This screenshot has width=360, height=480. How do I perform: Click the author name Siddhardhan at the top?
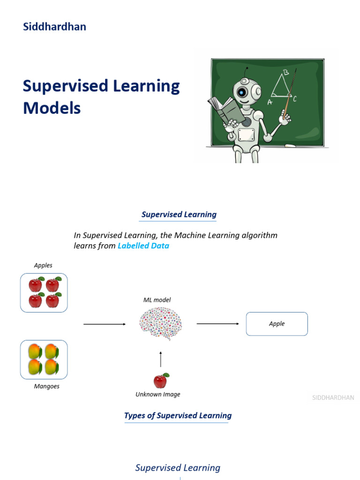pyautogui.click(x=54, y=27)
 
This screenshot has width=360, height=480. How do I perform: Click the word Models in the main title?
pyautogui.click(x=52, y=108)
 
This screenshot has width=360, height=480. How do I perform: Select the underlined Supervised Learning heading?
pyautogui.click(x=179, y=215)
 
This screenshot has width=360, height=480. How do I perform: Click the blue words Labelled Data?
pyautogui.click(x=143, y=246)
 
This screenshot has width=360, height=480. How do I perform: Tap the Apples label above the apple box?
pyautogui.click(x=43, y=265)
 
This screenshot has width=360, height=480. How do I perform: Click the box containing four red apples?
pyautogui.click(x=44, y=293)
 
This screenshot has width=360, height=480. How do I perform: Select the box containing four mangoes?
pyautogui.click(x=44, y=360)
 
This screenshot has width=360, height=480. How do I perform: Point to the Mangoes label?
pyautogui.click(x=46, y=387)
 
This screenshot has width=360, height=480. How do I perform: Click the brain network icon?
pyautogui.click(x=161, y=323)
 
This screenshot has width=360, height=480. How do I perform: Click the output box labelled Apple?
pyautogui.click(x=277, y=324)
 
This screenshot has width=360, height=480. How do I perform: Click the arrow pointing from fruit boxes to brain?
pyautogui.click(x=105, y=324)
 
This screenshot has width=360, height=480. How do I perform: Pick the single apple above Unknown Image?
pyautogui.click(x=161, y=381)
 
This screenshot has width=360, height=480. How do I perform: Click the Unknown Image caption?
pyautogui.click(x=158, y=395)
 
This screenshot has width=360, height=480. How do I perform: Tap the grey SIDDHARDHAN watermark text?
pyautogui.click(x=333, y=398)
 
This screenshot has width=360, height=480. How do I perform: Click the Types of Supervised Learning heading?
pyautogui.click(x=178, y=416)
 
